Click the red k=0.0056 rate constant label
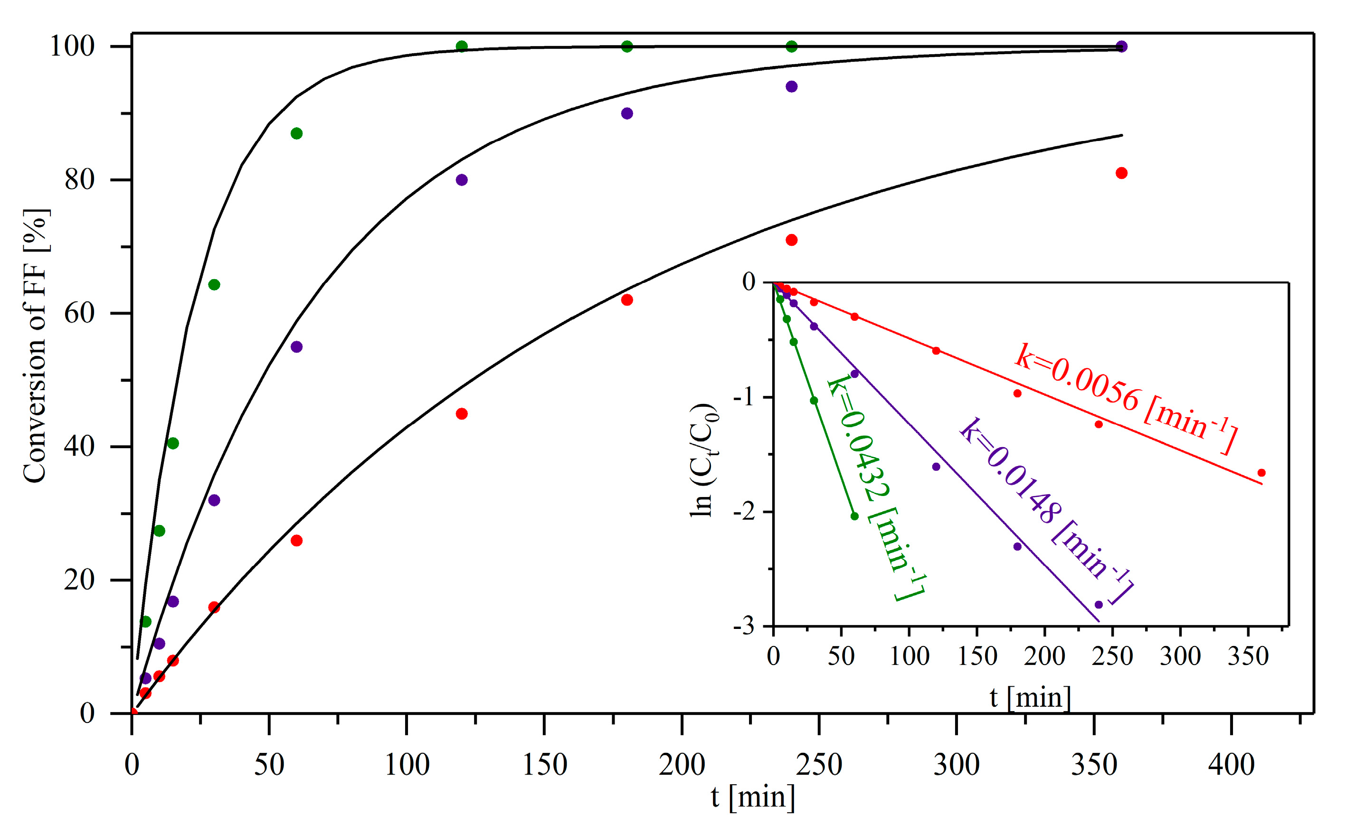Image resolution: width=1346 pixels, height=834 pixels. coord(1126,398)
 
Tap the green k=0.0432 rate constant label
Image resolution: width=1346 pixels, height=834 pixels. coord(875,488)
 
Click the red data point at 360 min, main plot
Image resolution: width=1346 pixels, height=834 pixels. coord(1121,173)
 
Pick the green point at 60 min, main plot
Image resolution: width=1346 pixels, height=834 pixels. coord(296,133)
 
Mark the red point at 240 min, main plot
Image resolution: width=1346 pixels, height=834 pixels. coord(791,240)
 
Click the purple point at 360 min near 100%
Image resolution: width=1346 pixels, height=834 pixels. coord(1121,47)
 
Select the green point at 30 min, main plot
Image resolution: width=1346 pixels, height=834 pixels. coord(214,285)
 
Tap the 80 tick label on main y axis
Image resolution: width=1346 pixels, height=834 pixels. coord(79,180)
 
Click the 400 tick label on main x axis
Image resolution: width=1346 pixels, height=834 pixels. coord(1231,765)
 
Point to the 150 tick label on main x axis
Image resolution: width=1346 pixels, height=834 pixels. coord(544,765)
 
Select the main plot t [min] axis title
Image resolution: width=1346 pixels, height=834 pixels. coord(753,797)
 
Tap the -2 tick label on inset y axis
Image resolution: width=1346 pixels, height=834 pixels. coord(744,512)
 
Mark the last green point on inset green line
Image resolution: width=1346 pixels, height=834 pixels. coord(855,516)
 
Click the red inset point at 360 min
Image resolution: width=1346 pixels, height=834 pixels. coord(1261,473)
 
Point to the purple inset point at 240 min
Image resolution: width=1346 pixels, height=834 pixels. coord(1098,605)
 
